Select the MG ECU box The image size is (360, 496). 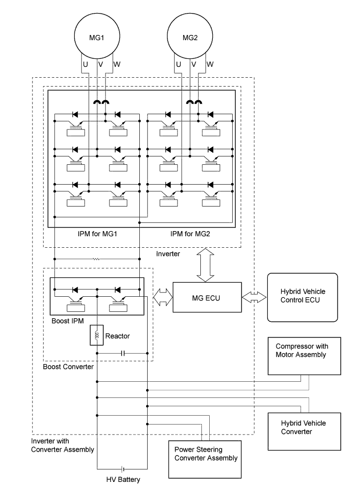pos(207,298)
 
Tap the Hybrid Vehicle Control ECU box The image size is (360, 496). pos(302,297)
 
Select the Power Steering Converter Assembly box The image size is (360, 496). pos(206,458)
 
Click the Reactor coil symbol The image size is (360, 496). pos(97,335)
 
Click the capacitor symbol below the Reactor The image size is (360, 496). pos(123,353)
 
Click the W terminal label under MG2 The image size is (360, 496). pos(210,65)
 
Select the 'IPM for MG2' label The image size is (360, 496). pos(190,234)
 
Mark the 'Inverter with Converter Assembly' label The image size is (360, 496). pos(63,445)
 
